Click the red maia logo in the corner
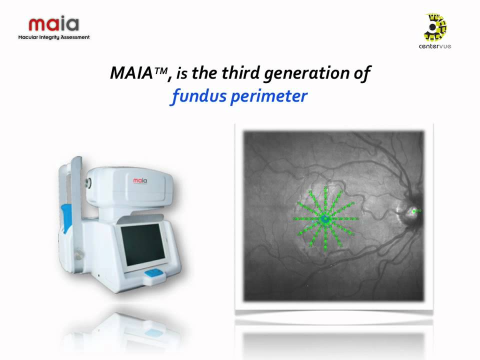point(53,24)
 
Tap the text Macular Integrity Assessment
point(54,37)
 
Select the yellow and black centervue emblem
point(435,27)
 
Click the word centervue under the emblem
point(434,46)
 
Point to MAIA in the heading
point(130,74)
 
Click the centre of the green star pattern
point(325,219)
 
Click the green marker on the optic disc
point(414,211)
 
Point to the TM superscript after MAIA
point(161,70)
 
